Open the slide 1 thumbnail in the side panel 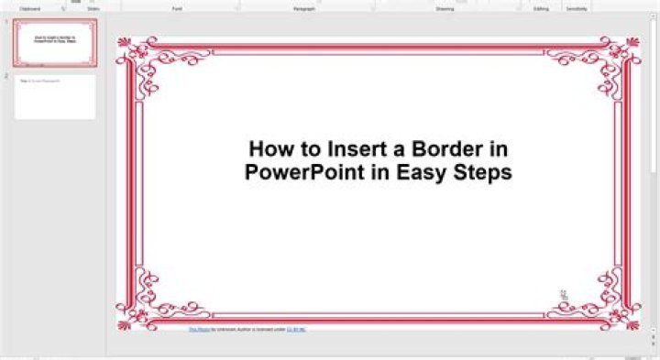(55, 43)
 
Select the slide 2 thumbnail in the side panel (55, 97)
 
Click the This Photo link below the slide (198, 328)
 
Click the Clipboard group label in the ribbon (30, 7)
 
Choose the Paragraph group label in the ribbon (304, 7)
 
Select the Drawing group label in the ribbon (445, 7)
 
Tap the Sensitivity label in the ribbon (577, 7)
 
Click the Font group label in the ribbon (177, 7)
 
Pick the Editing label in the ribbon (541, 7)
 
